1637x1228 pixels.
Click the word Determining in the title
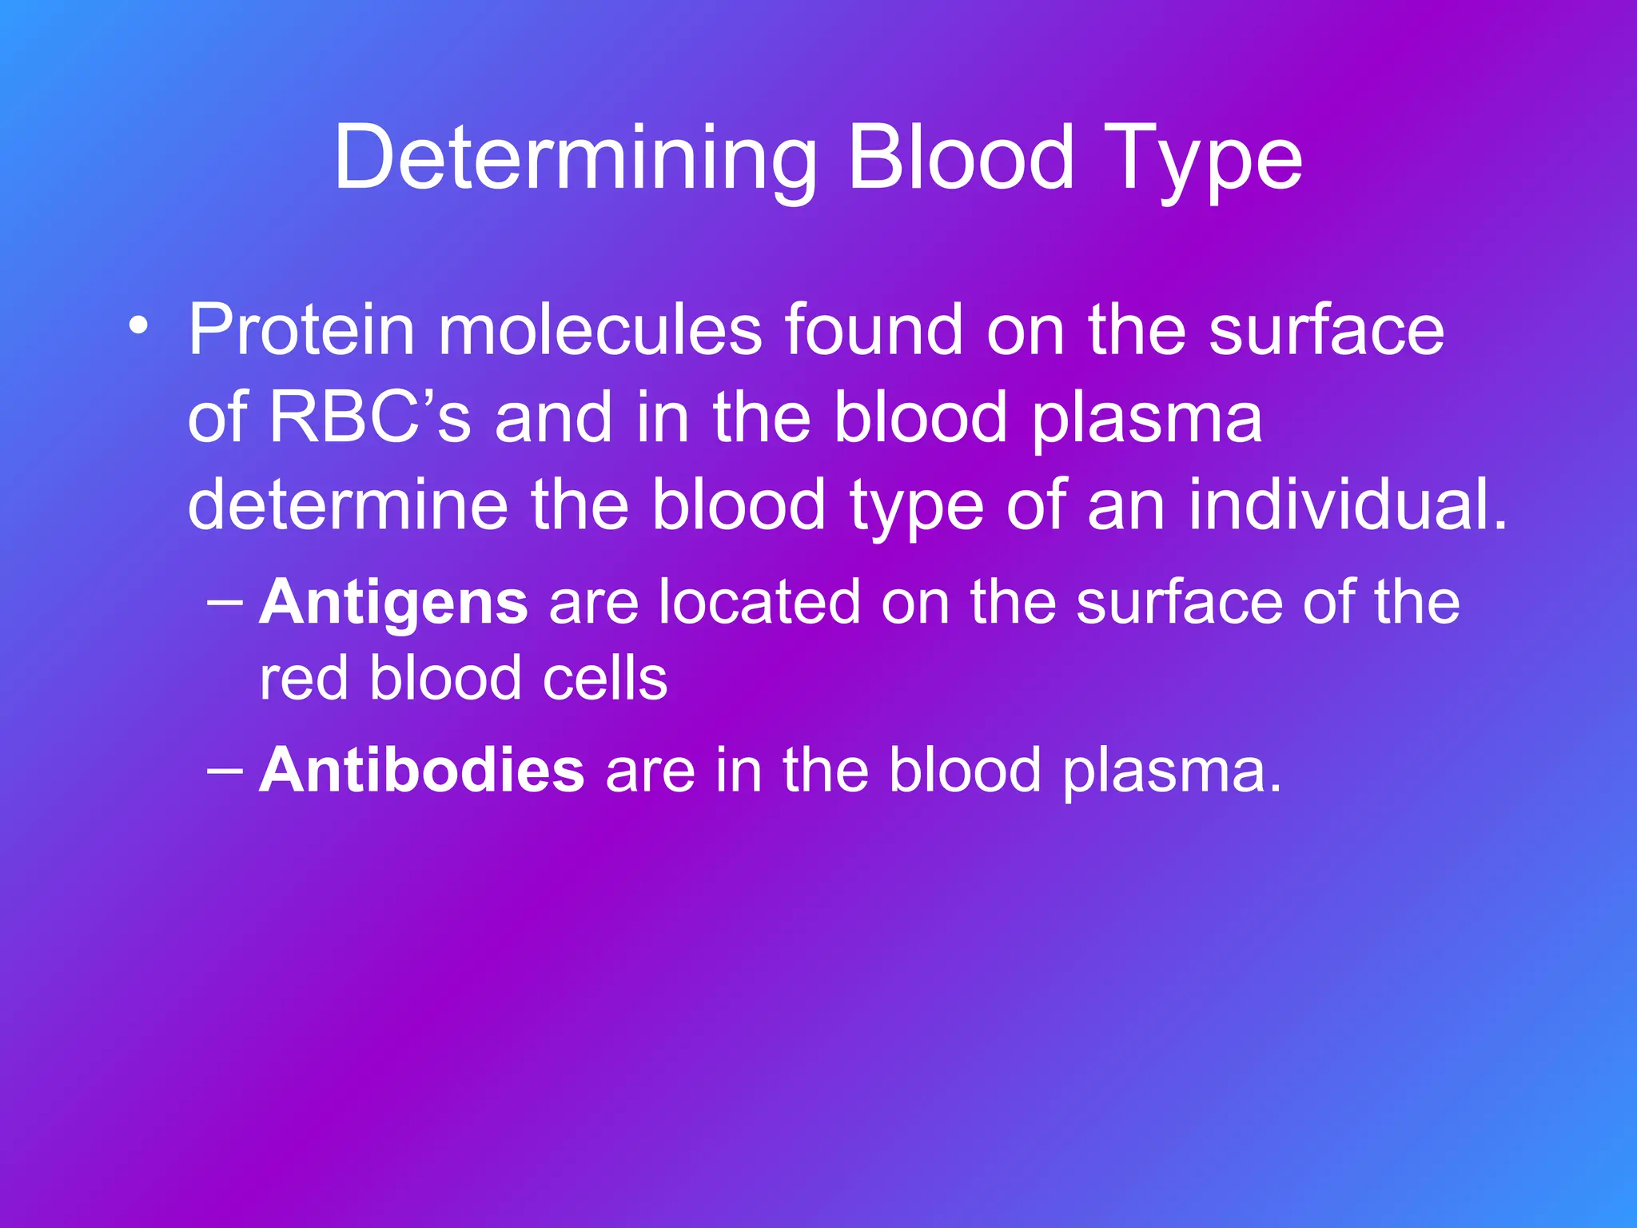pyautogui.click(x=574, y=160)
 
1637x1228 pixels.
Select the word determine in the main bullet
pyautogui.click(x=348, y=505)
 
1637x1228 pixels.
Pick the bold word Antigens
pyautogui.click(x=393, y=604)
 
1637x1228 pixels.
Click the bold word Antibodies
pyautogui.click(x=421, y=771)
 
